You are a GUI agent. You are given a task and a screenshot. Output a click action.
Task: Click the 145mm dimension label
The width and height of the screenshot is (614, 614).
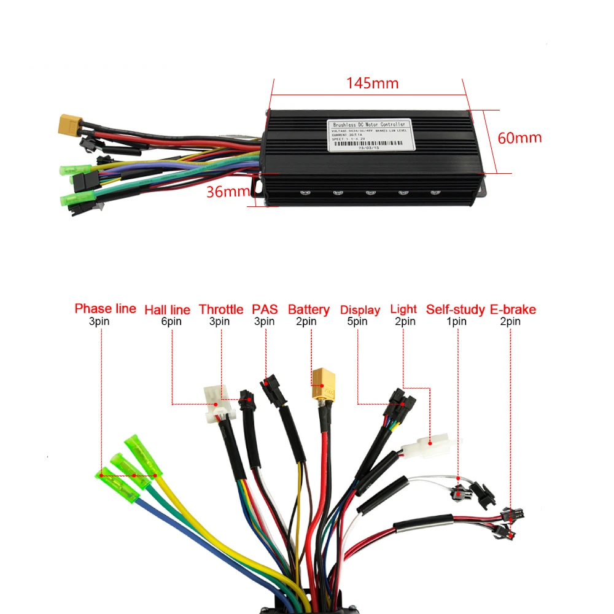coord(372,83)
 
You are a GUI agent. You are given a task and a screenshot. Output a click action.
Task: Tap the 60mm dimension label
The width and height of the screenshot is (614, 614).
coord(519,138)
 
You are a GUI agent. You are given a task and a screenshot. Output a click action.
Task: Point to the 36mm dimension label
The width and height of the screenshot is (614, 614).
coord(224,192)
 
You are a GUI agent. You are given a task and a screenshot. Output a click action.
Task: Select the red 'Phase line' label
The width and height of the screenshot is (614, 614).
coord(105,308)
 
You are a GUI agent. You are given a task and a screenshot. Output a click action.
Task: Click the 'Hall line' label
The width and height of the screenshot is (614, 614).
coord(167,309)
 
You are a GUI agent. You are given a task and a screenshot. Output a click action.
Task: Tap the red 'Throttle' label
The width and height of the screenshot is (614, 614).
coord(222,309)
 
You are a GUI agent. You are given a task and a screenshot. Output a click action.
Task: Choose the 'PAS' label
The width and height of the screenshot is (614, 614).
coord(265,309)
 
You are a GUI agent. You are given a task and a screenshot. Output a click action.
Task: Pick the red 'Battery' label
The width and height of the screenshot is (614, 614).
coord(308,309)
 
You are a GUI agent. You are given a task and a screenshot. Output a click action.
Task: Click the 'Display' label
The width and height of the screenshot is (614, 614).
coord(360,309)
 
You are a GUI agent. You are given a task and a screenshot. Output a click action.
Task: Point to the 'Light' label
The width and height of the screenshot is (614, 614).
coord(403,309)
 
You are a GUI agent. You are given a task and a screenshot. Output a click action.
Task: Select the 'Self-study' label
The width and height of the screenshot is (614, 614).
coord(456,309)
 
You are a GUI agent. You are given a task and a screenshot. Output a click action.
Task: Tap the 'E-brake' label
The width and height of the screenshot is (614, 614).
coord(513,309)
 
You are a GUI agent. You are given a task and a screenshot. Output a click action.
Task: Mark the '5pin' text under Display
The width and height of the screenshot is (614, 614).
coord(356,321)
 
